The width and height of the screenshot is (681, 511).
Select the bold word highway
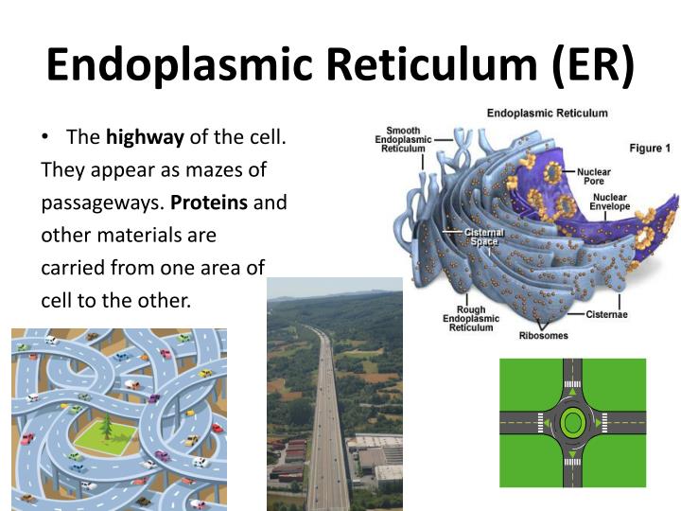pyautogui.click(x=145, y=137)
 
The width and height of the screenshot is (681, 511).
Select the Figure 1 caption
pyautogui.click(x=650, y=149)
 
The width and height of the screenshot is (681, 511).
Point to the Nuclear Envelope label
pyautogui.click(x=610, y=202)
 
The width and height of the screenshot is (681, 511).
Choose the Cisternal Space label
pyautogui.click(x=483, y=237)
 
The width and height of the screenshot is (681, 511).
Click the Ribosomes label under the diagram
pyautogui.click(x=543, y=335)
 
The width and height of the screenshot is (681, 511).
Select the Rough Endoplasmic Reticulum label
pyautogui.click(x=464, y=319)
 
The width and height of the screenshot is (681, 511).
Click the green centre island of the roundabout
pyautogui.click(x=572, y=421)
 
